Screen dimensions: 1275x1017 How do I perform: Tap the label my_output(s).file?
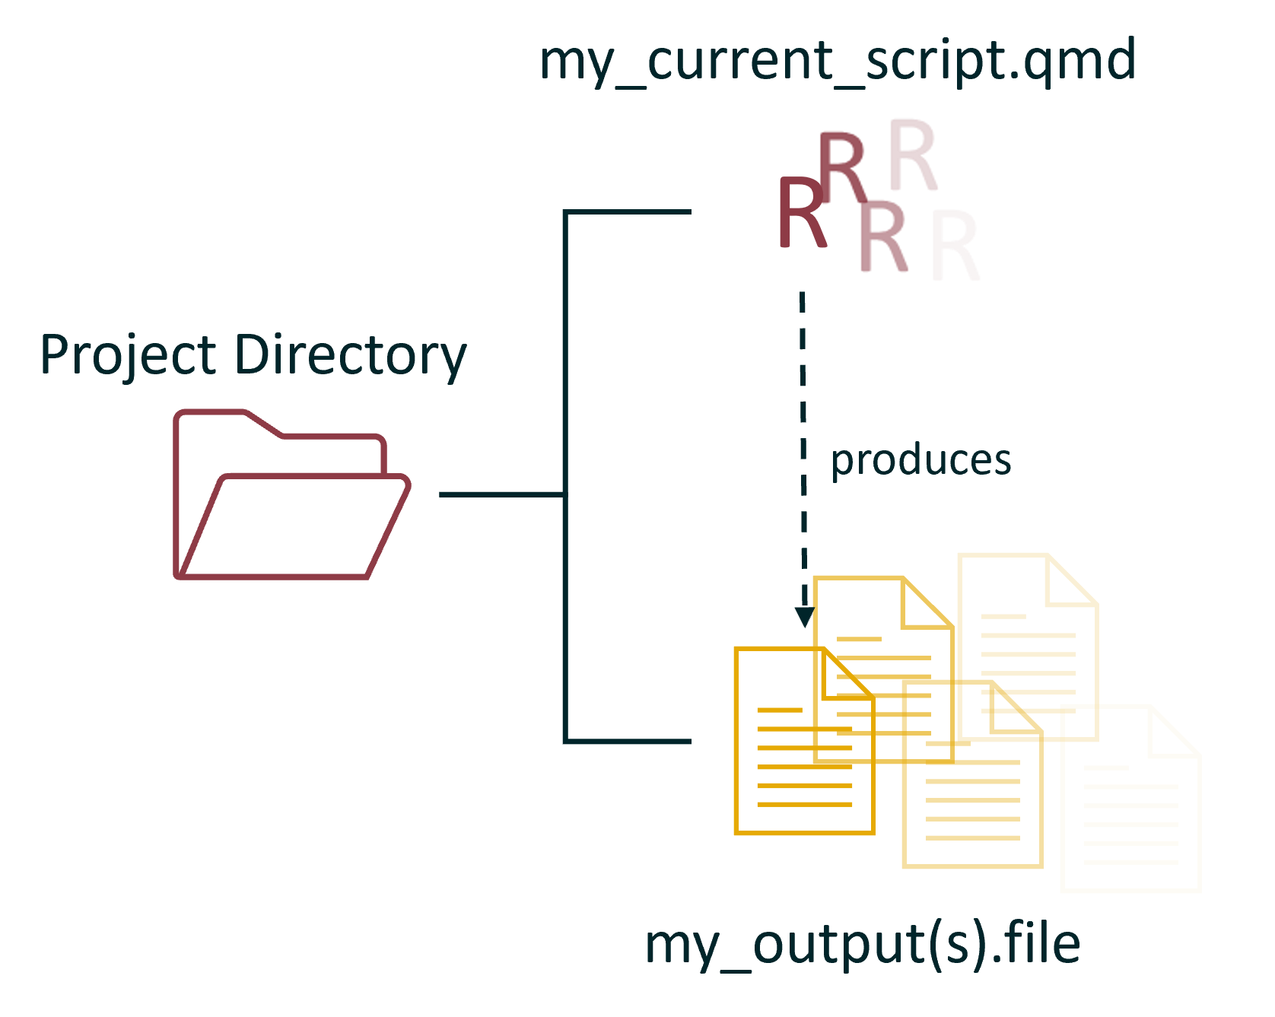pyautogui.click(x=863, y=945)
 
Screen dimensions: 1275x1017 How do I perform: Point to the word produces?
pyautogui.click(x=921, y=461)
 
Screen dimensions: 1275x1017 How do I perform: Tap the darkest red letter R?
pyautogui.click(x=802, y=212)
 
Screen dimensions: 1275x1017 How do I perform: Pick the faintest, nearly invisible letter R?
pyautogui.click(x=955, y=246)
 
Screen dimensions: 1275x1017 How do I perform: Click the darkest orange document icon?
pyautogui.click(x=804, y=741)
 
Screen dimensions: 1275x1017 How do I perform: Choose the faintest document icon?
pyautogui.click(x=1130, y=799)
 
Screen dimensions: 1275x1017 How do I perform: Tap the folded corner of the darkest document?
pyautogui.click(x=846, y=674)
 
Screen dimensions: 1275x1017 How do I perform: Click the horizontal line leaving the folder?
pyautogui.click(x=502, y=494)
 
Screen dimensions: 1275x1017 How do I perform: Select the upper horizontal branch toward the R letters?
pyautogui.click(x=628, y=211)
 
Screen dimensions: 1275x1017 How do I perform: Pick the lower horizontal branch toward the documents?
pyautogui.click(x=628, y=740)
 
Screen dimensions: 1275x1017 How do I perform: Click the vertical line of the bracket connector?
pyautogui.click(x=566, y=476)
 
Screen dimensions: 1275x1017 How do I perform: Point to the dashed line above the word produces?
pyautogui.click(x=803, y=365)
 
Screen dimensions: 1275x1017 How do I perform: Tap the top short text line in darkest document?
pyautogui.click(x=780, y=710)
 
